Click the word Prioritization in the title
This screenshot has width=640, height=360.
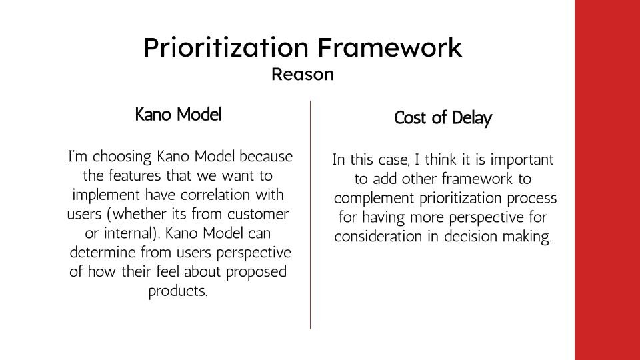coord(226,47)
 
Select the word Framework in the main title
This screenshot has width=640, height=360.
coord(390,47)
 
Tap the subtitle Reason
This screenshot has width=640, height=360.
coord(303,74)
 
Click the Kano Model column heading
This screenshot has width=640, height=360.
coord(179,114)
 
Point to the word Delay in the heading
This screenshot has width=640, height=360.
coord(472,119)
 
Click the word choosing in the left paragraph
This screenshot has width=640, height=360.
coord(123,157)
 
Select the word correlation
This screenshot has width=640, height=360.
coord(216,195)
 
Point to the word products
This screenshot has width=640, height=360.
coord(178,291)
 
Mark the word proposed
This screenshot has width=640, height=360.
coord(256,272)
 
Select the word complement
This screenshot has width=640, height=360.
coord(374,199)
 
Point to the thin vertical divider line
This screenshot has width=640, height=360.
coord(310,215)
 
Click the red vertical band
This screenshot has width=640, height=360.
coord(607,180)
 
